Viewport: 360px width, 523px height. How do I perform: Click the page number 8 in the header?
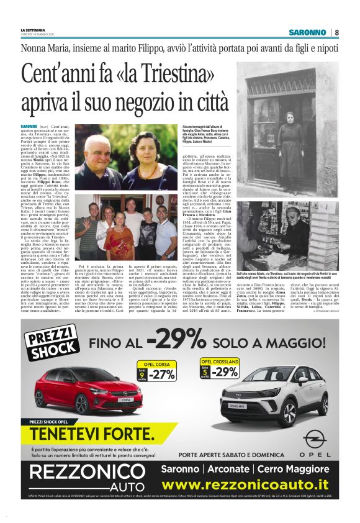pyautogui.click(x=336, y=32)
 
